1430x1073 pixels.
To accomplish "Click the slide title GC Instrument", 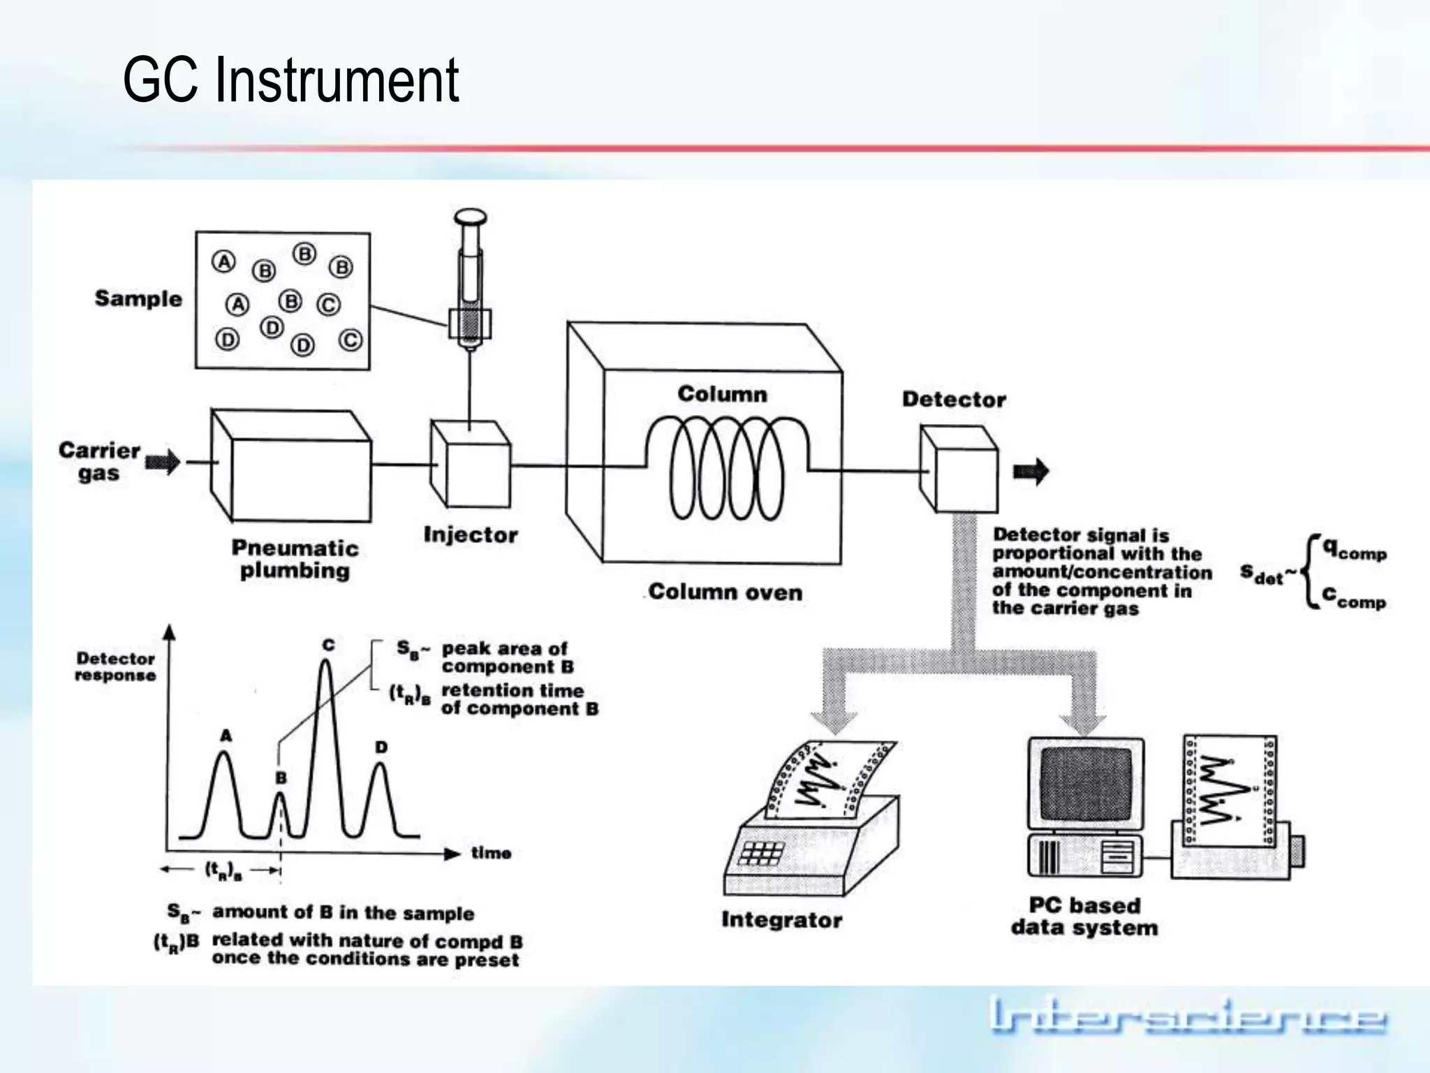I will coord(290,80).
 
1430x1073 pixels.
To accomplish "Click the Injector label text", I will coord(471,535).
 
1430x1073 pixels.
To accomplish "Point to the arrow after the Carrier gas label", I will coord(163,462).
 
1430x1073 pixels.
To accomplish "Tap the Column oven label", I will coord(725,592).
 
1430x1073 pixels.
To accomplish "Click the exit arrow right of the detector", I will coord(1031,472).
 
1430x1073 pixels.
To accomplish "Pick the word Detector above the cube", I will coord(954,400).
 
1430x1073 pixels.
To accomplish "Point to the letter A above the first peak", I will coord(226,736).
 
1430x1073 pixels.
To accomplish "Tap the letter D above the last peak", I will coord(381,747).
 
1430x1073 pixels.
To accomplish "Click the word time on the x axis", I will coord(491,853).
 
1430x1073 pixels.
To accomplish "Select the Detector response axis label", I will coord(115,666).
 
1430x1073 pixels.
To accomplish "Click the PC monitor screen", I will coord(1085,782).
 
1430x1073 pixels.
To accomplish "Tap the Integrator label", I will coord(781,920).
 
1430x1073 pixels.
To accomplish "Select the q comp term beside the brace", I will coord(1353,550).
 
